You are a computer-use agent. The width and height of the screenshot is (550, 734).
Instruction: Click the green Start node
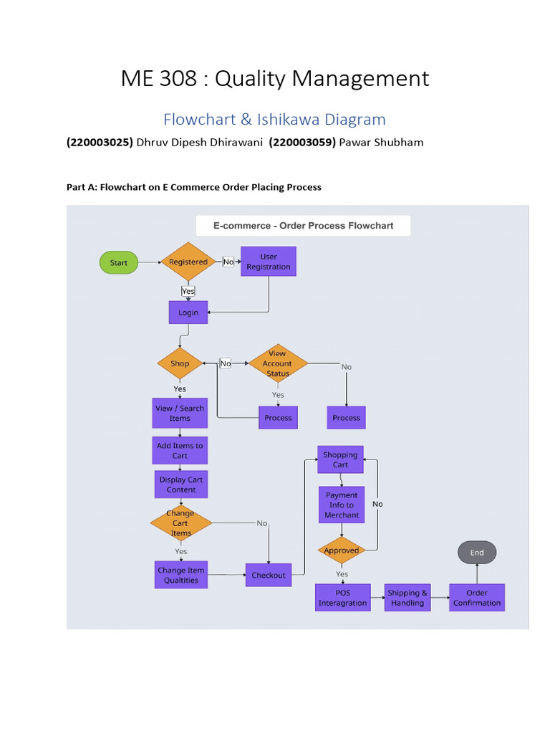[x=118, y=263]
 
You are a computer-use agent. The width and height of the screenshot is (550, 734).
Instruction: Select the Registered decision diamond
[x=188, y=262]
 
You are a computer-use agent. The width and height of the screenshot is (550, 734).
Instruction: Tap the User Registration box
[x=269, y=262]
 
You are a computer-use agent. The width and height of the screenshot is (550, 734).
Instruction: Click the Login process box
[x=188, y=313]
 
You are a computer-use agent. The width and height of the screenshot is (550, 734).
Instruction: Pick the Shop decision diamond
[x=180, y=363]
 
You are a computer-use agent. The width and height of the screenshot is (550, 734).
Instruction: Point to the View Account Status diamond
[x=277, y=363]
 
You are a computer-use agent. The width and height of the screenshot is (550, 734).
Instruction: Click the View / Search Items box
[x=180, y=414]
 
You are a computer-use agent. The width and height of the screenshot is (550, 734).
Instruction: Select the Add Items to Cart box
[x=180, y=450]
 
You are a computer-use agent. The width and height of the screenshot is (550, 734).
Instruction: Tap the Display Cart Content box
[x=180, y=485]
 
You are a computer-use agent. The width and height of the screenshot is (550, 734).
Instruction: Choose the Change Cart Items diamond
[x=180, y=523]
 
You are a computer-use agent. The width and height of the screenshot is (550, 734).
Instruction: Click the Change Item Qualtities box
[x=180, y=575]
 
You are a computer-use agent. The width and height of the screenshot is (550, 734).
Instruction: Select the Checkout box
[x=268, y=575]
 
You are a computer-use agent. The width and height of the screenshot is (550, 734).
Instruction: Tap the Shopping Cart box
[x=340, y=459]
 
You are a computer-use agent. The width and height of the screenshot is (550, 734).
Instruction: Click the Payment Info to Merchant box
[x=342, y=505]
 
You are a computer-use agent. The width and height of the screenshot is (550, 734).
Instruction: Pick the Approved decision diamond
[x=342, y=550]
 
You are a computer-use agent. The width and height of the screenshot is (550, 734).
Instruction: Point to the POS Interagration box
[x=342, y=598]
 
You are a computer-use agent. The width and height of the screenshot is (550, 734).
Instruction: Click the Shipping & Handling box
[x=407, y=598]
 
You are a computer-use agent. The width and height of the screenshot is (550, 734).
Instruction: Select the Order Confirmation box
[x=477, y=598]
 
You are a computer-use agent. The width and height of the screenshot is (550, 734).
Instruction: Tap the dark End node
[x=477, y=553]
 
